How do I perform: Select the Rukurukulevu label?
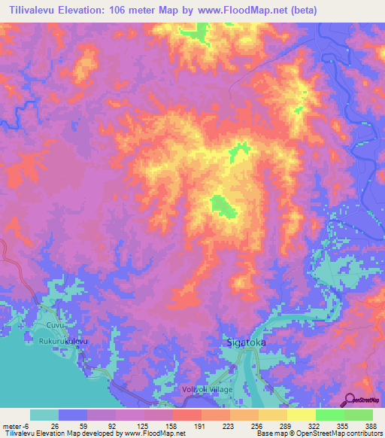coord(63,341)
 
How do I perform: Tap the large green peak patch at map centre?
coord(220,204)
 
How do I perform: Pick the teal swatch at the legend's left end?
coord(44,415)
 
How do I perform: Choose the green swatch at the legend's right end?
coord(358,415)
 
